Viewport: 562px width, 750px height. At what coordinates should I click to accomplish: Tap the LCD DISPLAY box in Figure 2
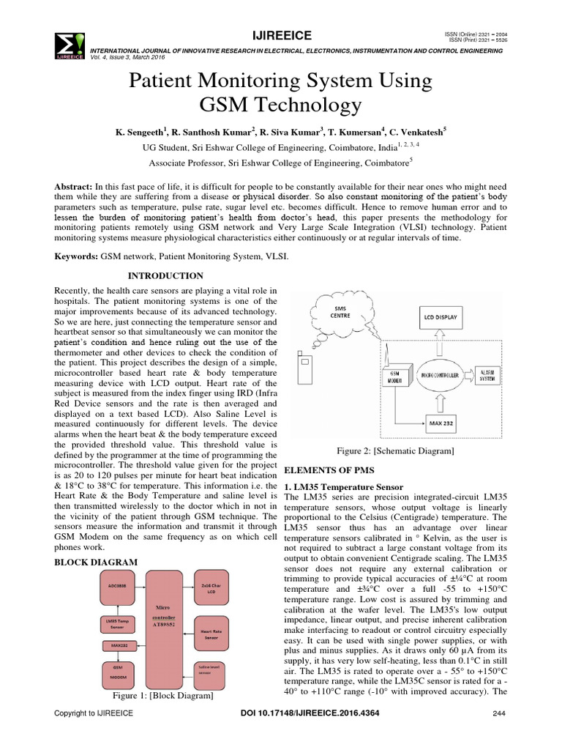tap(439, 319)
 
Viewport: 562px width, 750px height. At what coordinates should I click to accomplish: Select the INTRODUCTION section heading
tap(166, 275)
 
